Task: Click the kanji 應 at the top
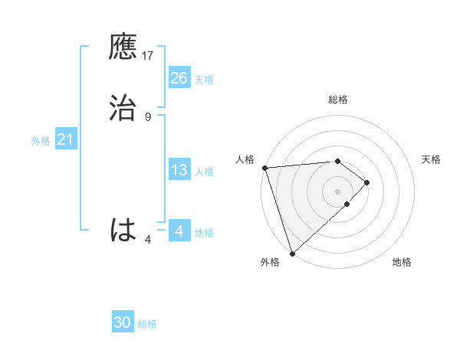[x=123, y=47]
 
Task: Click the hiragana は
[x=123, y=230]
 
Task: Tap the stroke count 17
[x=148, y=56]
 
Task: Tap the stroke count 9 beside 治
[x=148, y=116]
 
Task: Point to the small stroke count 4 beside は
[x=148, y=240]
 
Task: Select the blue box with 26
[x=179, y=78]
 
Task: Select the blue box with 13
[x=179, y=170]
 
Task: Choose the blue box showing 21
[x=65, y=139]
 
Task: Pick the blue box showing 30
[x=123, y=322]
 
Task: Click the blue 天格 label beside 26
[x=204, y=80]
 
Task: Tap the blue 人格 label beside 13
[x=204, y=172]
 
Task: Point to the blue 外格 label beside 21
[x=41, y=141]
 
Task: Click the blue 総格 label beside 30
[x=147, y=324]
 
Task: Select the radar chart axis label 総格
[x=338, y=100]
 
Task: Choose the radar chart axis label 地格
[x=402, y=262]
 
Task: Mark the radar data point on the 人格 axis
[x=264, y=168]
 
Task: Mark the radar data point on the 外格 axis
[x=291, y=252]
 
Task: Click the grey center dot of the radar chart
[x=338, y=190]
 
